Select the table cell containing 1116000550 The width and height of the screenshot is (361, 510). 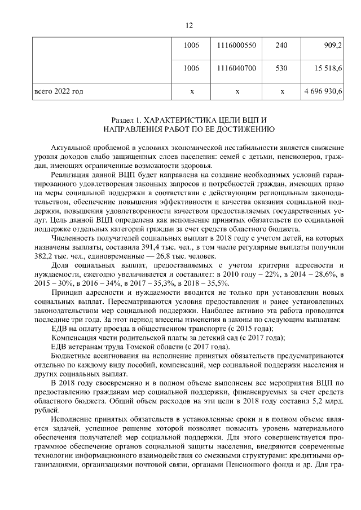coord(237,45)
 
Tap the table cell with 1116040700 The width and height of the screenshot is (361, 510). coord(237,69)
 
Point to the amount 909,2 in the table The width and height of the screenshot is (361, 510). coord(332,45)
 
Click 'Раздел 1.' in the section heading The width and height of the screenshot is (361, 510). coord(127,121)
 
